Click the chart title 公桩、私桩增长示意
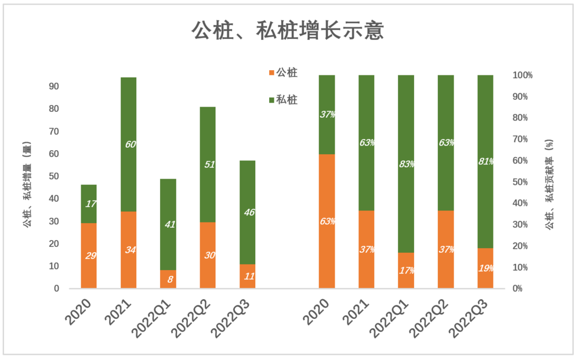[x=288, y=31]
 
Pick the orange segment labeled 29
[x=89, y=256]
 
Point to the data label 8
[x=168, y=279]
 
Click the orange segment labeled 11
[x=247, y=277]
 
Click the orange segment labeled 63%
[x=327, y=221]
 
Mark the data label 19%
[x=486, y=268]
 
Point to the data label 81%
[x=486, y=162]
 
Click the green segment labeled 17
[x=89, y=203]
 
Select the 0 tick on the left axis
[x=56, y=289]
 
